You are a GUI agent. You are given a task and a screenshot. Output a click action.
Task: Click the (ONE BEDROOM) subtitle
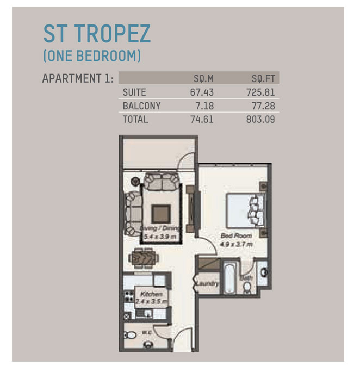[x=92, y=56]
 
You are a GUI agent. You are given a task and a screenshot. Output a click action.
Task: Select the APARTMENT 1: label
[x=78, y=78]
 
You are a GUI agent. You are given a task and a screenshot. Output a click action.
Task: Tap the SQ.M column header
[x=203, y=78]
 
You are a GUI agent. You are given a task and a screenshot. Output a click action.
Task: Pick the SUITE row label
[x=134, y=92]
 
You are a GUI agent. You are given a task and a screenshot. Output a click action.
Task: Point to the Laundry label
[x=207, y=284]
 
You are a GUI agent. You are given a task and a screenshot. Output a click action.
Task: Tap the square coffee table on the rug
[x=160, y=212]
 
